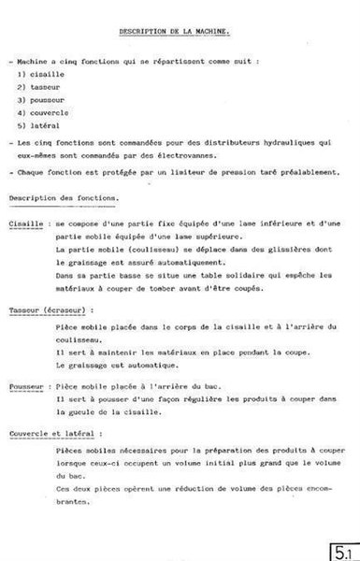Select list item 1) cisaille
36,73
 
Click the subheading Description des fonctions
63,198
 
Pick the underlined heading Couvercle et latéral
55,435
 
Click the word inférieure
266,225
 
